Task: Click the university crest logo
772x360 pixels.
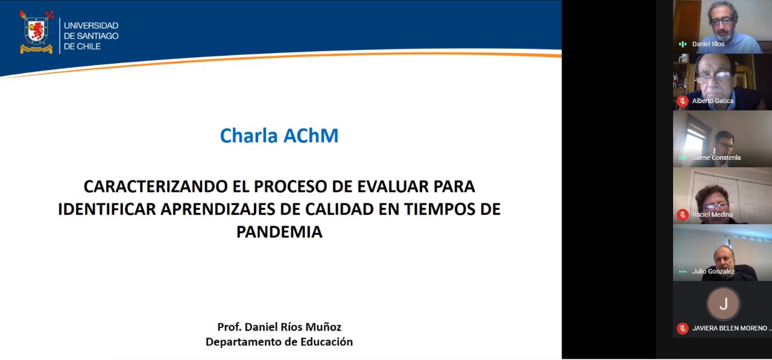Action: pyautogui.click(x=36, y=32)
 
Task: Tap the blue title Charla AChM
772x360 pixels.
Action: pyautogui.click(x=279, y=136)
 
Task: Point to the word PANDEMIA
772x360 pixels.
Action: pyautogui.click(x=279, y=232)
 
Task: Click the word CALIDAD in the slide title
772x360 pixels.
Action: pyautogui.click(x=339, y=209)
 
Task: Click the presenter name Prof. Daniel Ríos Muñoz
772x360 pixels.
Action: pyautogui.click(x=279, y=327)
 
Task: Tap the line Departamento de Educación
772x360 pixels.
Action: pyautogui.click(x=279, y=342)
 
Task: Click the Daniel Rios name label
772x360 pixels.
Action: pyautogui.click(x=708, y=44)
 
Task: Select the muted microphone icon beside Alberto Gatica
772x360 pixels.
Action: pyautogui.click(x=682, y=101)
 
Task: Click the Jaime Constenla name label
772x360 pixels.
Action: pyautogui.click(x=716, y=158)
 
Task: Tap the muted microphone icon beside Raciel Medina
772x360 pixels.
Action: pyautogui.click(x=682, y=215)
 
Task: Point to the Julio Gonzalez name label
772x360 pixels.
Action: pyautogui.click(x=713, y=271)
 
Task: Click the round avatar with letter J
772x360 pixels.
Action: pyautogui.click(x=723, y=304)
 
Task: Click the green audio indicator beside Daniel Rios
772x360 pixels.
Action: pyautogui.click(x=682, y=44)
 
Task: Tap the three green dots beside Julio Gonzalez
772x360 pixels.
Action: pyautogui.click(x=682, y=271)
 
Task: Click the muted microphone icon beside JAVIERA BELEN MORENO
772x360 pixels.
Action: pyautogui.click(x=682, y=328)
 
